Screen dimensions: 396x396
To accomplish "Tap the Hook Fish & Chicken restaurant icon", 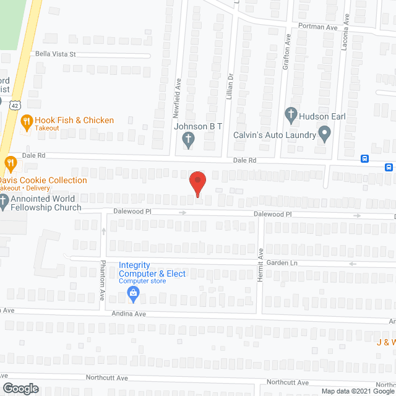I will point(26,122).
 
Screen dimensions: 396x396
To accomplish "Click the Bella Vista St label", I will point(55,54).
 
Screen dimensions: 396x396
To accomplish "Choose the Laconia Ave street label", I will point(347,28).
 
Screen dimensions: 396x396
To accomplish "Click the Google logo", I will point(20,389).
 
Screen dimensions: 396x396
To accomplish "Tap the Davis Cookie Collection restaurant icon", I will point(11,164).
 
